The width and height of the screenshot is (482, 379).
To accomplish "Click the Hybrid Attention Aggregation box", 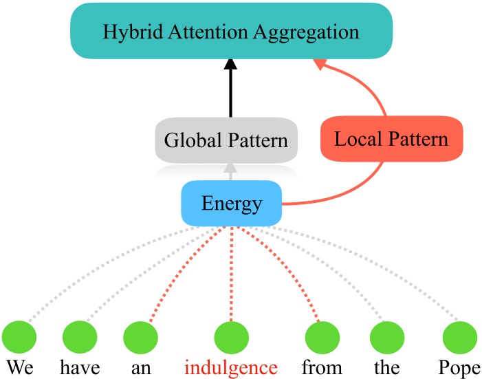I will pos(231,32).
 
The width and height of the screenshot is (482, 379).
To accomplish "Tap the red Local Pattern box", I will pos(391,140).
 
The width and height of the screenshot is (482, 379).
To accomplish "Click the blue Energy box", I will pos(232,204).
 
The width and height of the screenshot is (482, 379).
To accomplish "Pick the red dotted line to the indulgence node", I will pos(231,275).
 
